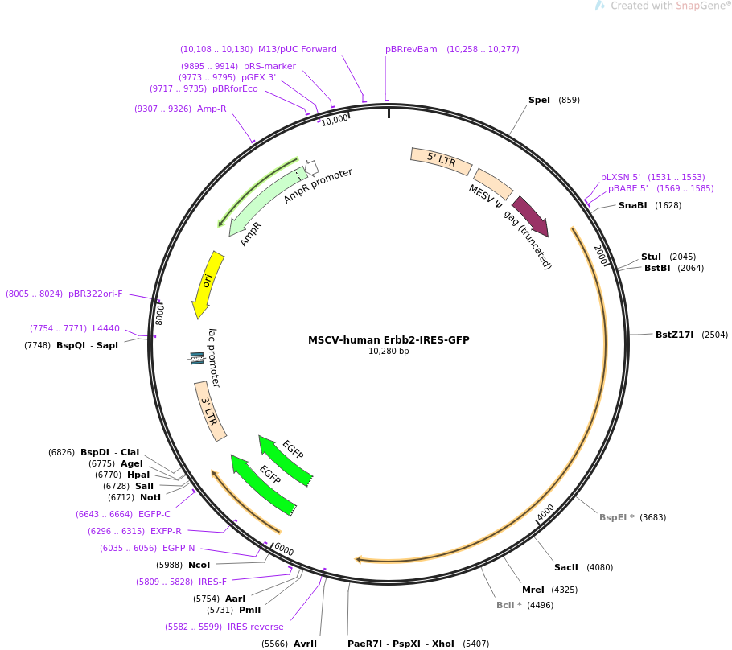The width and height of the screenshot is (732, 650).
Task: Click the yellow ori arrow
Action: (208, 284)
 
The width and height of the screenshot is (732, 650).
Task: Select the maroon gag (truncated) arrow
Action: (531, 216)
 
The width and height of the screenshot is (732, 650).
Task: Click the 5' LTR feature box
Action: (441, 161)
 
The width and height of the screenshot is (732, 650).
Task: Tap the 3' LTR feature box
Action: (210, 411)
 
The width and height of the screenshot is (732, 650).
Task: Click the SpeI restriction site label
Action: (539, 100)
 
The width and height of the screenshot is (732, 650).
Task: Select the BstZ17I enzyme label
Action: (675, 335)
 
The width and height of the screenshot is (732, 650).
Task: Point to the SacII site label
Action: (565, 567)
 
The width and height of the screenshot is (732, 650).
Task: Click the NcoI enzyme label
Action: (199, 565)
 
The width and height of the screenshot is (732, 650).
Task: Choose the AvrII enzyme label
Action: (306, 644)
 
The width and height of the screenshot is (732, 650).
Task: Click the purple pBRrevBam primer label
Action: (411, 50)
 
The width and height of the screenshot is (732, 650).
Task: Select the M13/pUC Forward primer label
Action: (298, 50)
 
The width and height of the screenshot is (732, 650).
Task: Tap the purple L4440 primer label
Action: (106, 329)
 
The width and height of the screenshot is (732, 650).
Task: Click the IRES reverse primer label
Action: (256, 627)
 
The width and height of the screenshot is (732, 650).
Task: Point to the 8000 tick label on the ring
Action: (159, 315)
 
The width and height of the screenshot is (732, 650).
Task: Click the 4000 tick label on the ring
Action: (545, 512)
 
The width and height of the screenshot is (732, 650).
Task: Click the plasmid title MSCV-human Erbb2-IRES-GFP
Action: (389, 340)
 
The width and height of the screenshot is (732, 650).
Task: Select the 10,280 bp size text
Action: (389, 352)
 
